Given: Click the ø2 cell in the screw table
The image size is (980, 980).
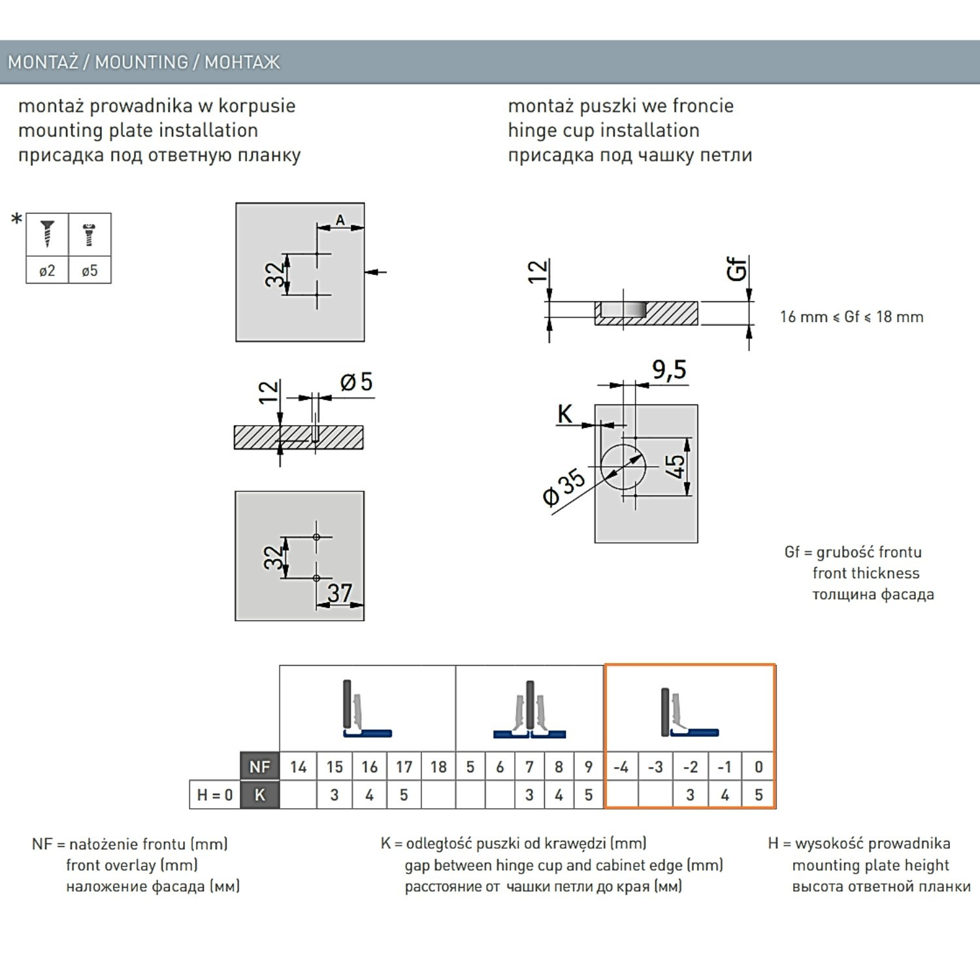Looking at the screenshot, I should (47, 270).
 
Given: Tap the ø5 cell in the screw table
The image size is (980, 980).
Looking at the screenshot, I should (90, 270).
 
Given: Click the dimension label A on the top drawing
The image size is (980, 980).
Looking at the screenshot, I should (340, 220).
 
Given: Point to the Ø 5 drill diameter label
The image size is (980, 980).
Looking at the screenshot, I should (357, 382).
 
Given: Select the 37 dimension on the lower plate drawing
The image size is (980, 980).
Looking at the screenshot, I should (340, 593).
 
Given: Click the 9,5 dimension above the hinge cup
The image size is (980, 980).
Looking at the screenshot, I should (669, 370).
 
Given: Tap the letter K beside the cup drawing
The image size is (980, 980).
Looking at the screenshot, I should (564, 414).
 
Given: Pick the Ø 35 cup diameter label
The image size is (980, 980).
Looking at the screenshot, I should (564, 487).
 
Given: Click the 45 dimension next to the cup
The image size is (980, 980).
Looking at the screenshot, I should (675, 466).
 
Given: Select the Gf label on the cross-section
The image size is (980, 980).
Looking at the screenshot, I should (736, 269).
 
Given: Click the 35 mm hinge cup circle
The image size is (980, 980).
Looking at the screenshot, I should (623, 467).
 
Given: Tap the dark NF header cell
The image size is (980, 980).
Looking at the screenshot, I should (259, 767).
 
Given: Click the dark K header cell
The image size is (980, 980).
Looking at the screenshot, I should (259, 795).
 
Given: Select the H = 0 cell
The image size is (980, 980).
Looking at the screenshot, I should (215, 795).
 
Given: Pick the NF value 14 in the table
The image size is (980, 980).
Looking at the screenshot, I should (298, 767).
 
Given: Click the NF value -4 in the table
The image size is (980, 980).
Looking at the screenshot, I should (621, 767).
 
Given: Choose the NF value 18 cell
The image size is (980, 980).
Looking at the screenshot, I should (438, 767).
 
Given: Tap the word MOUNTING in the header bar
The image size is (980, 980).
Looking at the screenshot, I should (142, 62).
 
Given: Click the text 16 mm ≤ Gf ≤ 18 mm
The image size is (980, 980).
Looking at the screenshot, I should (851, 317).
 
